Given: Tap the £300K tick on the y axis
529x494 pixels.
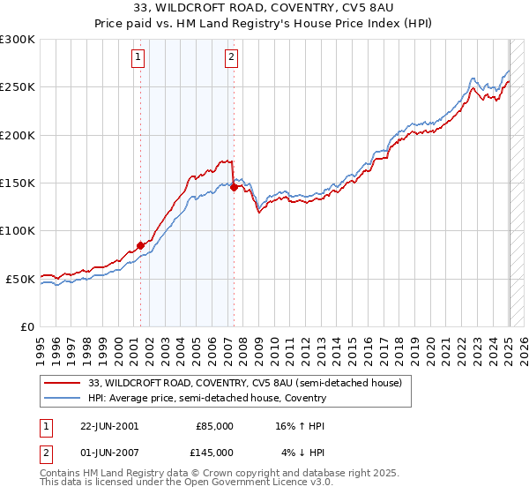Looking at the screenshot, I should (18, 40).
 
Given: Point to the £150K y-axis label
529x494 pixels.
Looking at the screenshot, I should (18, 183).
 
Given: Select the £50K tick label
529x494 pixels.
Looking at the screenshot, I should (20, 279).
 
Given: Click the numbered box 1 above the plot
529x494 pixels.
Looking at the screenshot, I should (139, 58).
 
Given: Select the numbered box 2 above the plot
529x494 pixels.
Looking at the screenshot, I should (231, 58).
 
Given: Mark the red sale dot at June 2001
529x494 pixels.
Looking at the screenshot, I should (140, 245).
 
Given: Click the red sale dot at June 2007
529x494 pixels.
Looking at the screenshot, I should (234, 187).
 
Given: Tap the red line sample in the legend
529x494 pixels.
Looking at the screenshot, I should (63, 383).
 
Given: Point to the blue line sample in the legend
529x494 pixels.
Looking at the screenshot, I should (63, 398).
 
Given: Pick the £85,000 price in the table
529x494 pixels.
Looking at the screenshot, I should (214, 426).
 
